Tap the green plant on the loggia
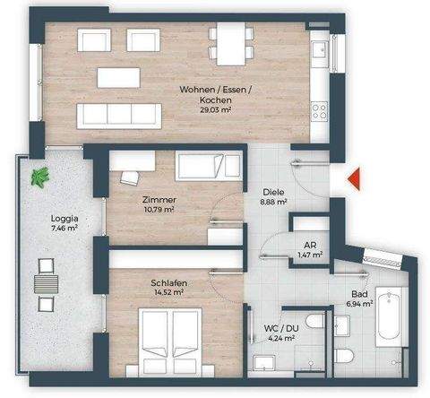coord(39,177)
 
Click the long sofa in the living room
coord(118,114)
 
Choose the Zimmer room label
coord(158,199)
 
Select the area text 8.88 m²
coord(273,203)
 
